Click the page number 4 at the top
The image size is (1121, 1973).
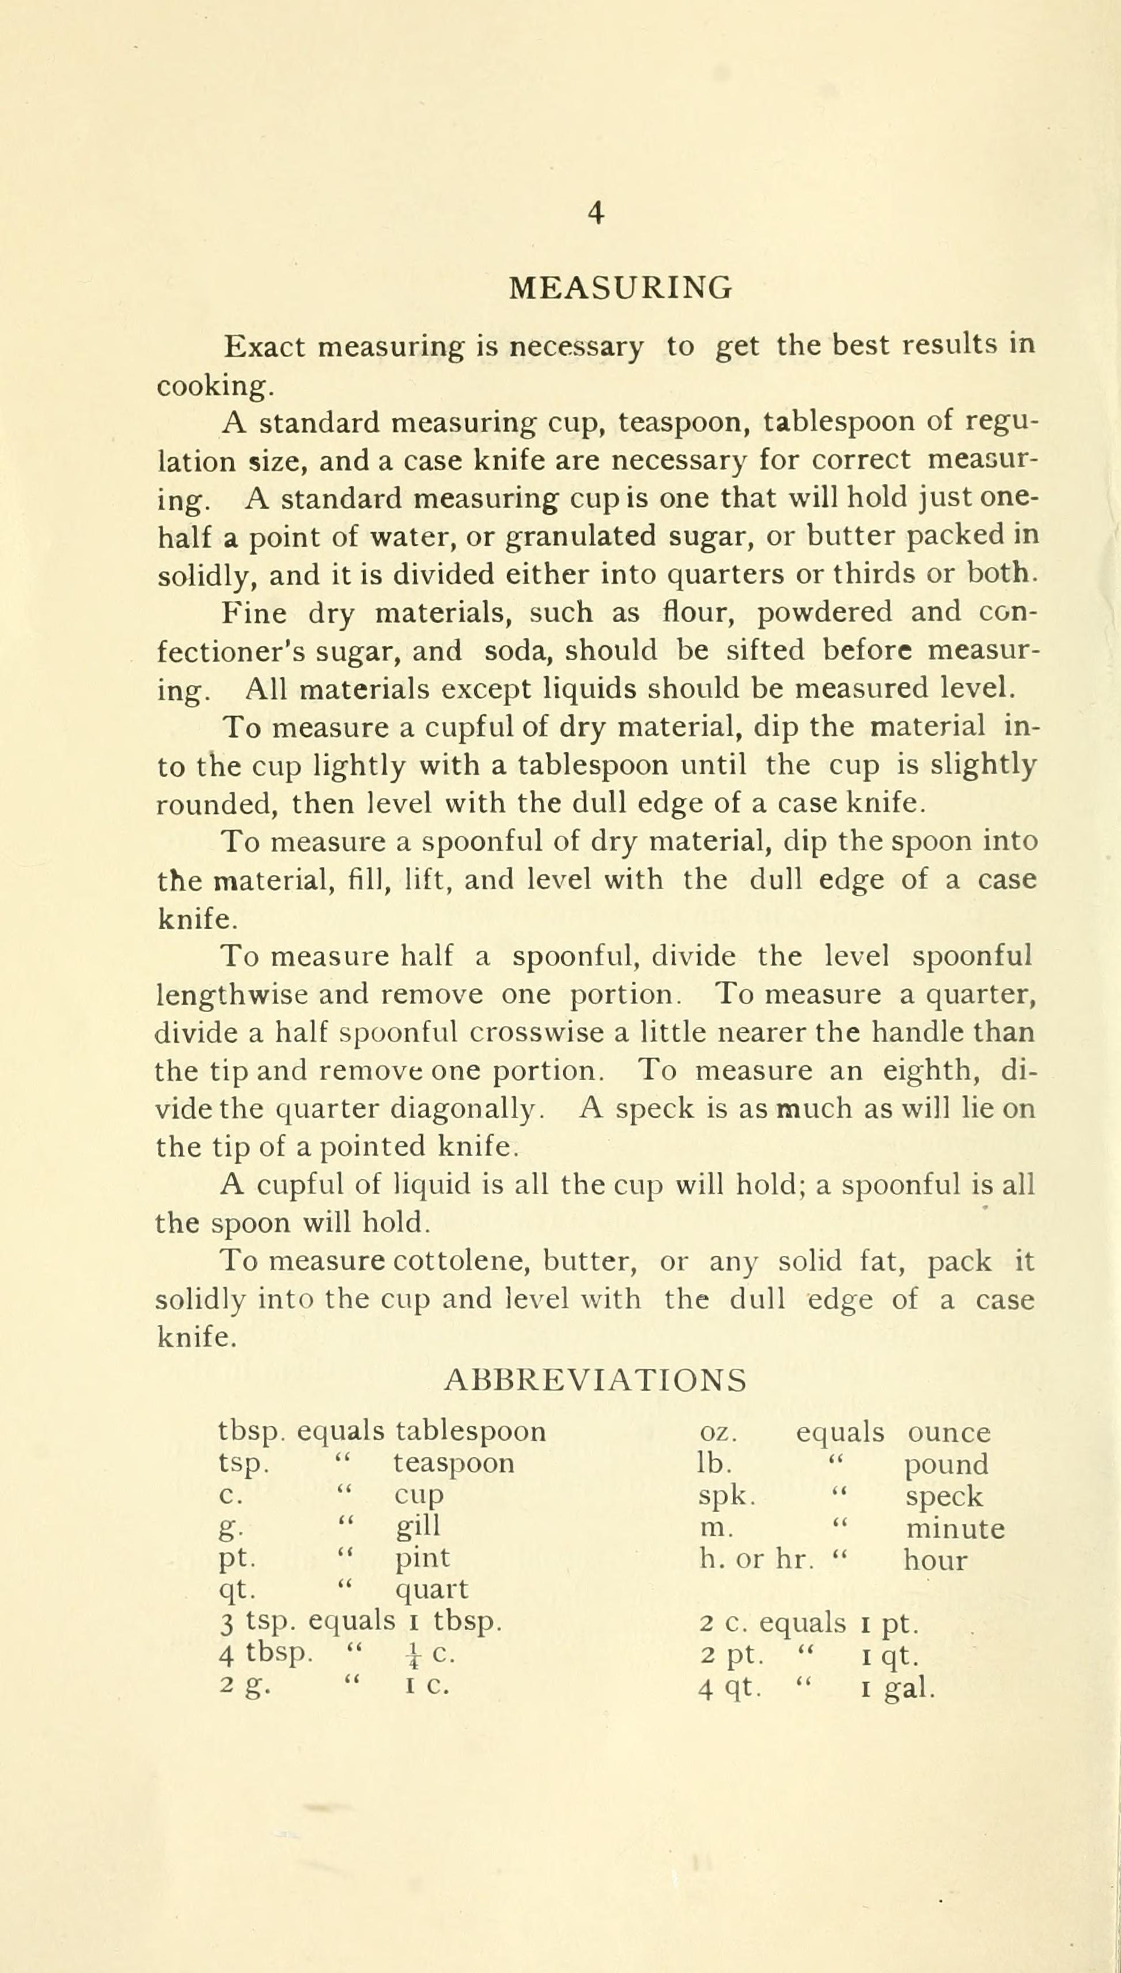pos(595,213)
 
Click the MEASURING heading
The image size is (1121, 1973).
pos(620,288)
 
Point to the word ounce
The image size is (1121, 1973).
pos(949,1433)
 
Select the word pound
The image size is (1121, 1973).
pos(946,1464)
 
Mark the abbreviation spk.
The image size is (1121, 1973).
pos(726,1495)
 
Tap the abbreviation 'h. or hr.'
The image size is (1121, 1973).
pos(756,1559)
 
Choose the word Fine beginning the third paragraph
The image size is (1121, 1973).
pos(254,614)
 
